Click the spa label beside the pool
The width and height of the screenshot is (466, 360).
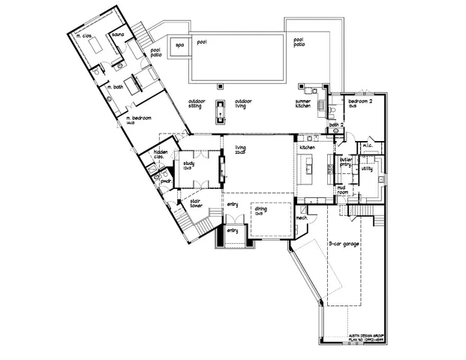point(179,45)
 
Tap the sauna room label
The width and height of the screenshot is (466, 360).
point(117,34)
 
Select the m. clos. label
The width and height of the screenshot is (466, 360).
point(83,37)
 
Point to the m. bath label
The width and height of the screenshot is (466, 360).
point(115,87)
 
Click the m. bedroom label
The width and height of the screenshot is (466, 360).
point(140,120)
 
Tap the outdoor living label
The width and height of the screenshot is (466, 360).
point(243,103)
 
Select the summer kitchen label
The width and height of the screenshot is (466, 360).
point(303,103)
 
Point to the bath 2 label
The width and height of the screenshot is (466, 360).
point(336,125)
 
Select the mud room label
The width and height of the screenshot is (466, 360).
point(341,190)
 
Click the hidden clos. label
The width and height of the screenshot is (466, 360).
point(161,154)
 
